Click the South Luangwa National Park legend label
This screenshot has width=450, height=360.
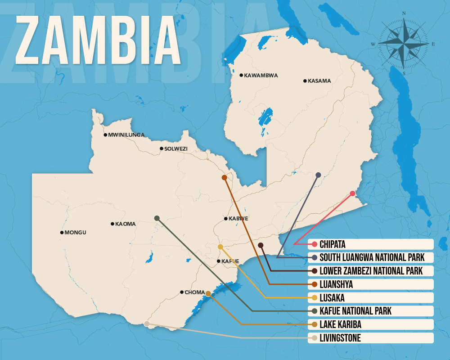[x=371, y=258]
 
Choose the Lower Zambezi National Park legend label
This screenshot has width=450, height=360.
[x=371, y=271]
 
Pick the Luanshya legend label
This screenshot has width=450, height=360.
[x=336, y=284]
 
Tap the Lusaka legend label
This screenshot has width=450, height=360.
[x=333, y=297]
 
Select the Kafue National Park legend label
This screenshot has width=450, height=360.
[x=355, y=311]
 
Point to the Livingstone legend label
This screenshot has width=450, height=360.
[x=340, y=338]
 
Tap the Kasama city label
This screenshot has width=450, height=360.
[x=319, y=81]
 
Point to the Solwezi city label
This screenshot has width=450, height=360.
[x=175, y=148]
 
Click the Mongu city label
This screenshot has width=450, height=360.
[x=75, y=233]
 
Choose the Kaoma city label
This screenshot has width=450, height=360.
[x=125, y=224]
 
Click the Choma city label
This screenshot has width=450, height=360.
[x=194, y=292]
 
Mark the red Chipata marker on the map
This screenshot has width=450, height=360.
[x=352, y=193]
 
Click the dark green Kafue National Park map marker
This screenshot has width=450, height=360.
[x=157, y=218]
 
